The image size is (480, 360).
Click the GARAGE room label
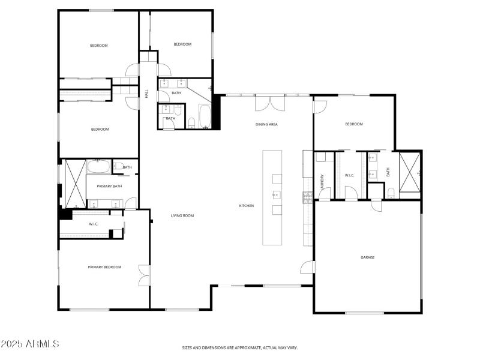click(x=367, y=257)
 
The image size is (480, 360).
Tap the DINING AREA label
click(x=266, y=124)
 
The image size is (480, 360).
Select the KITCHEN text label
click(x=247, y=206)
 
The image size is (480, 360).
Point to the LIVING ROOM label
click(x=182, y=215)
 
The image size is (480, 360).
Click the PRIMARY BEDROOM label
click(x=104, y=267)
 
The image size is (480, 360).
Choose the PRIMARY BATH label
click(x=109, y=186)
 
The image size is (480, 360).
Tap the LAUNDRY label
click(x=322, y=182)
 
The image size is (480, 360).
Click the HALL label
click(x=146, y=94)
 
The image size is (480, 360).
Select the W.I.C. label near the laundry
click(x=350, y=175)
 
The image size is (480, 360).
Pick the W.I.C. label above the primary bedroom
click(x=94, y=224)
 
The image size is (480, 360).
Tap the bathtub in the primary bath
click(x=99, y=166)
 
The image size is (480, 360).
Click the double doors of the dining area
click(x=268, y=103)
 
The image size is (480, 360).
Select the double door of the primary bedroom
click(x=144, y=275)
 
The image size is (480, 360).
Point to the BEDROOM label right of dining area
click(x=354, y=124)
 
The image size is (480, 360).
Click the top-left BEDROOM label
click(x=99, y=46)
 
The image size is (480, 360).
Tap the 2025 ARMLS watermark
click(x=30, y=344)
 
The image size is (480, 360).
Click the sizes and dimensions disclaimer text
click(x=240, y=347)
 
